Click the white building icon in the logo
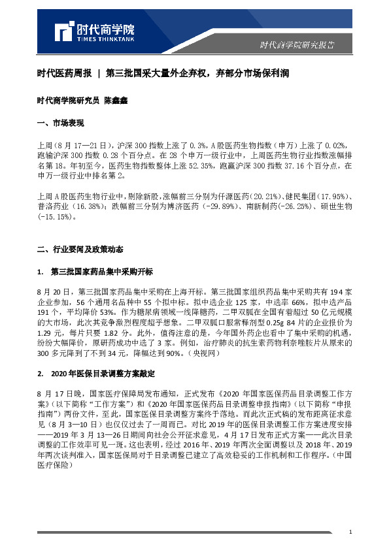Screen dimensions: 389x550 pyautogui.click(x=64, y=30)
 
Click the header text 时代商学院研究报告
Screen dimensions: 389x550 pyautogui.click(x=297, y=45)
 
